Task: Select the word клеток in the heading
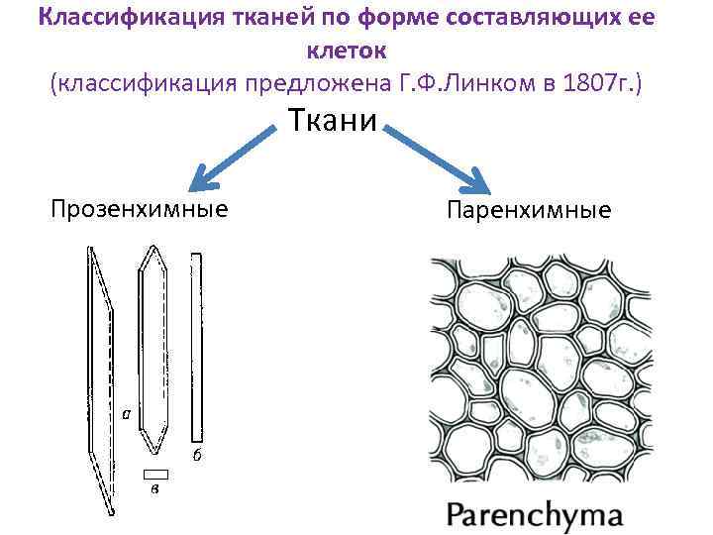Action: (346, 51)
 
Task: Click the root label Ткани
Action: (333, 121)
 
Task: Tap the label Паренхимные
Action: (529, 210)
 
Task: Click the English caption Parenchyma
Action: (534, 515)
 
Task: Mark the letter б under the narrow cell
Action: (197, 455)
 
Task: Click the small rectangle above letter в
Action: (155, 473)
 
